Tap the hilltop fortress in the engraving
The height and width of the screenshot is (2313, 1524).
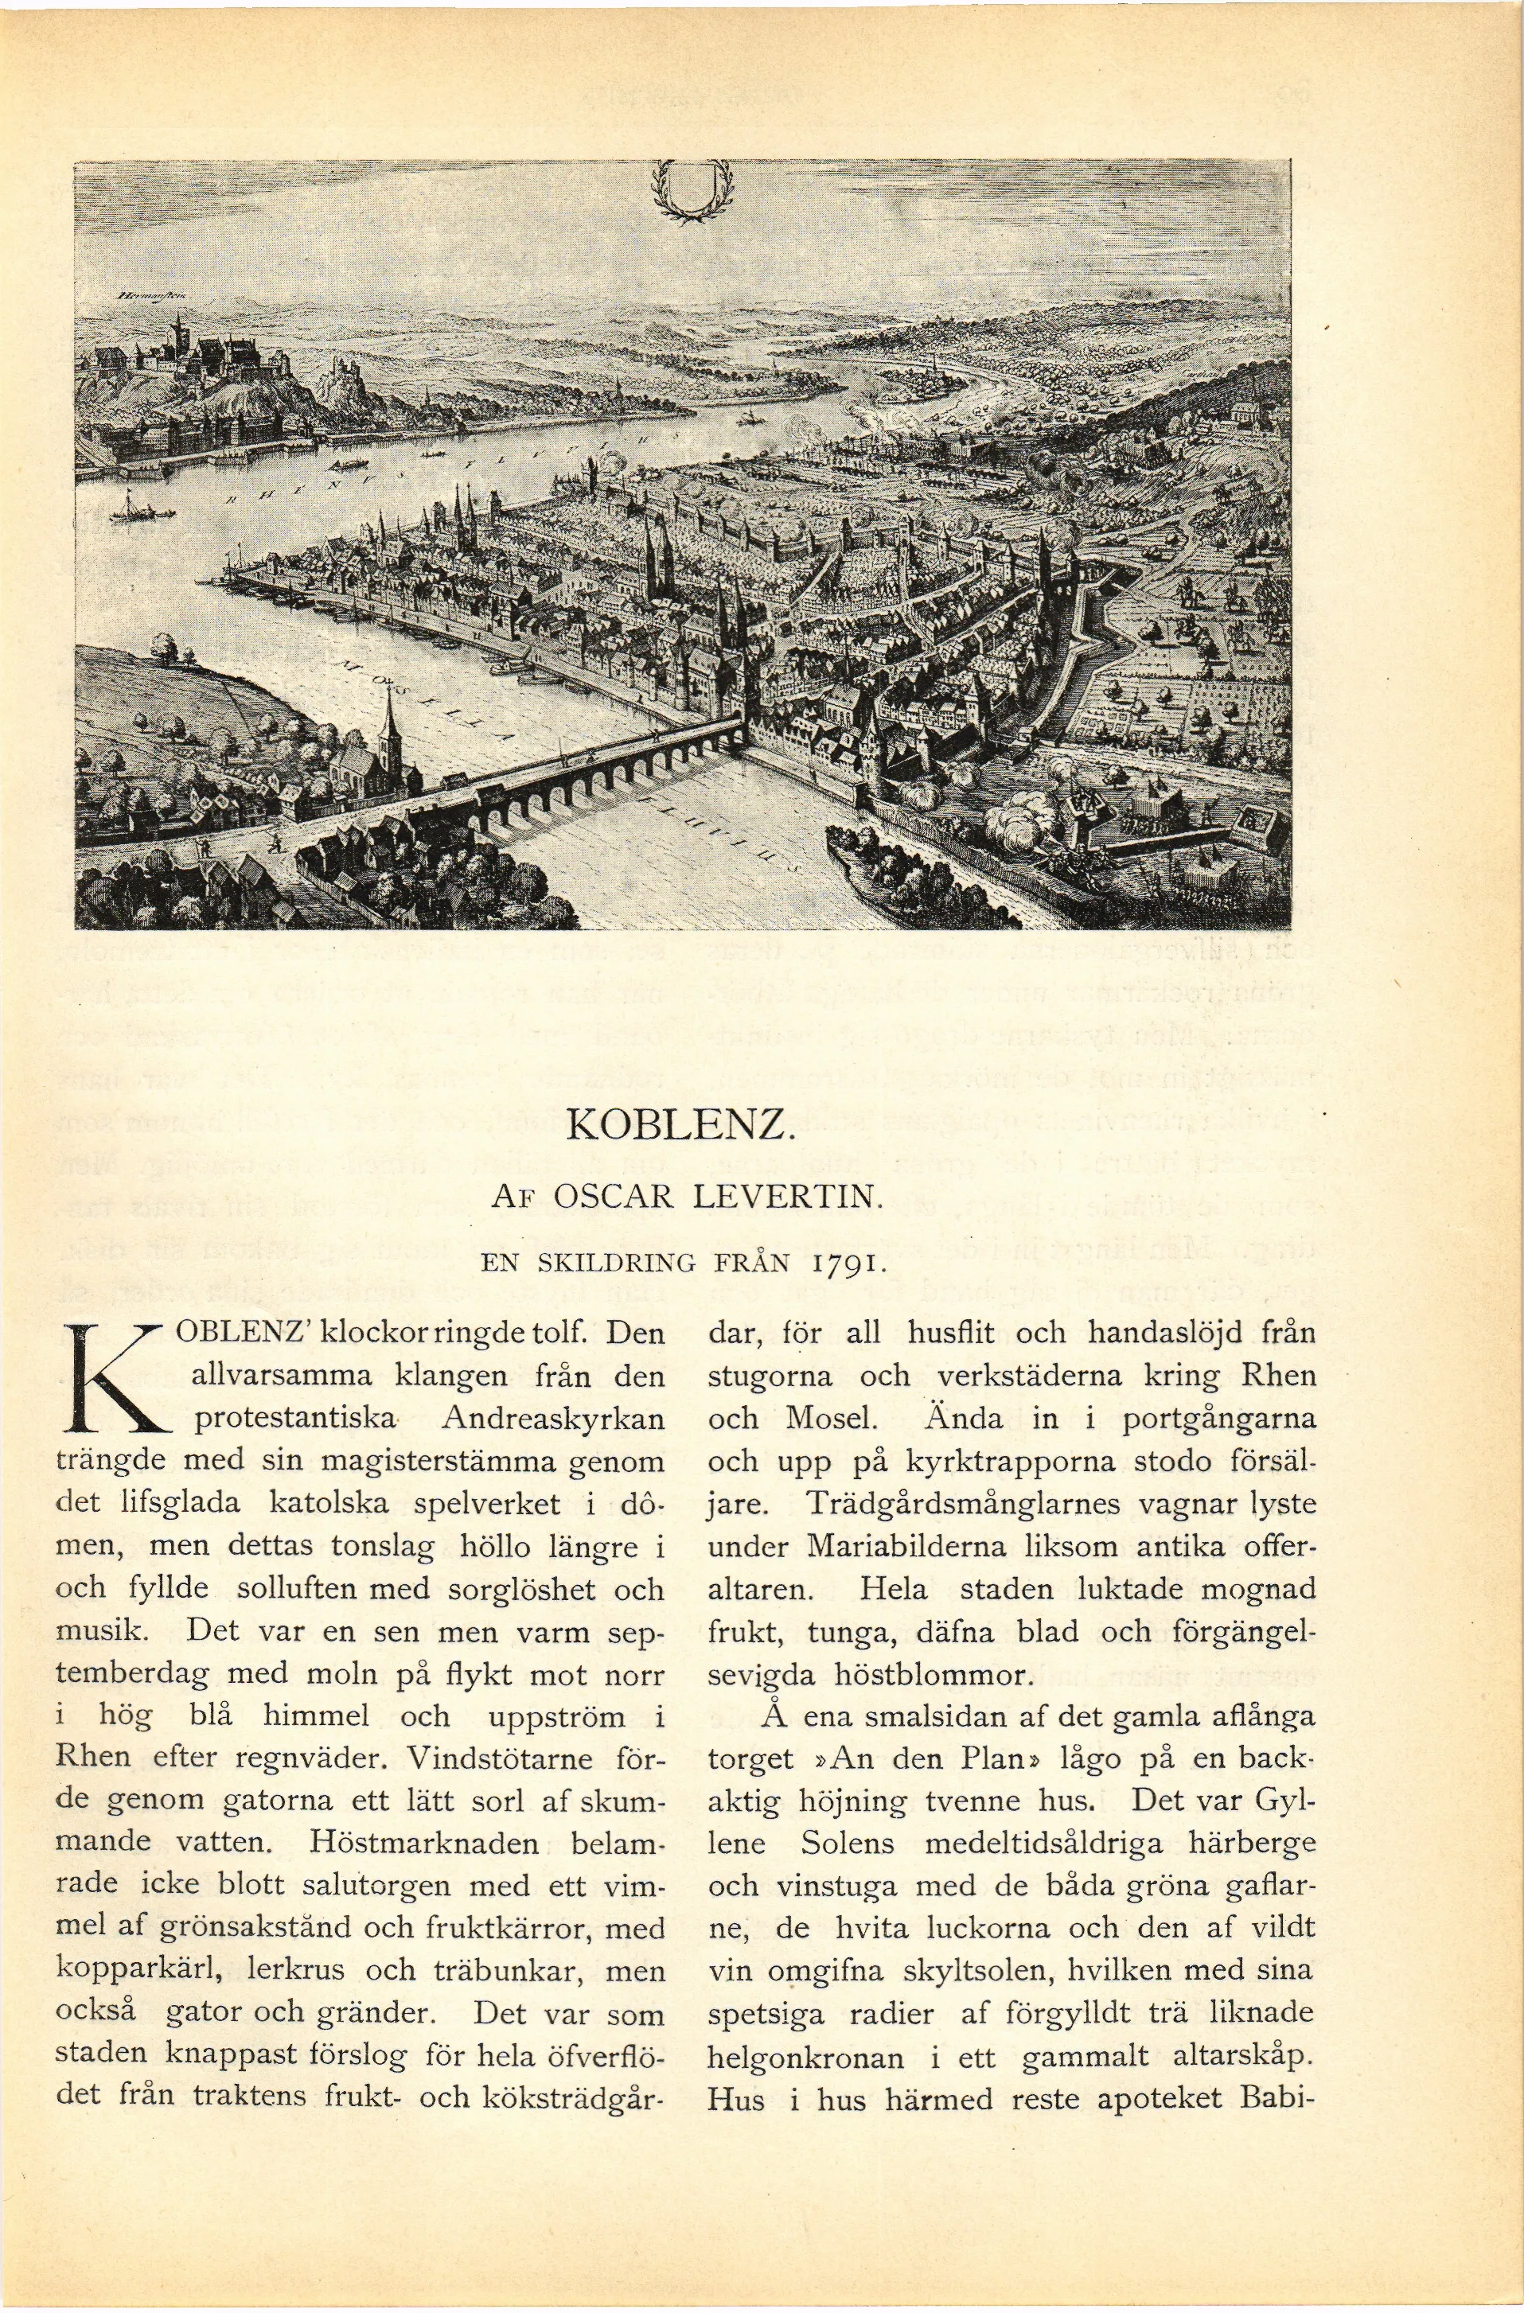click(x=224, y=355)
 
